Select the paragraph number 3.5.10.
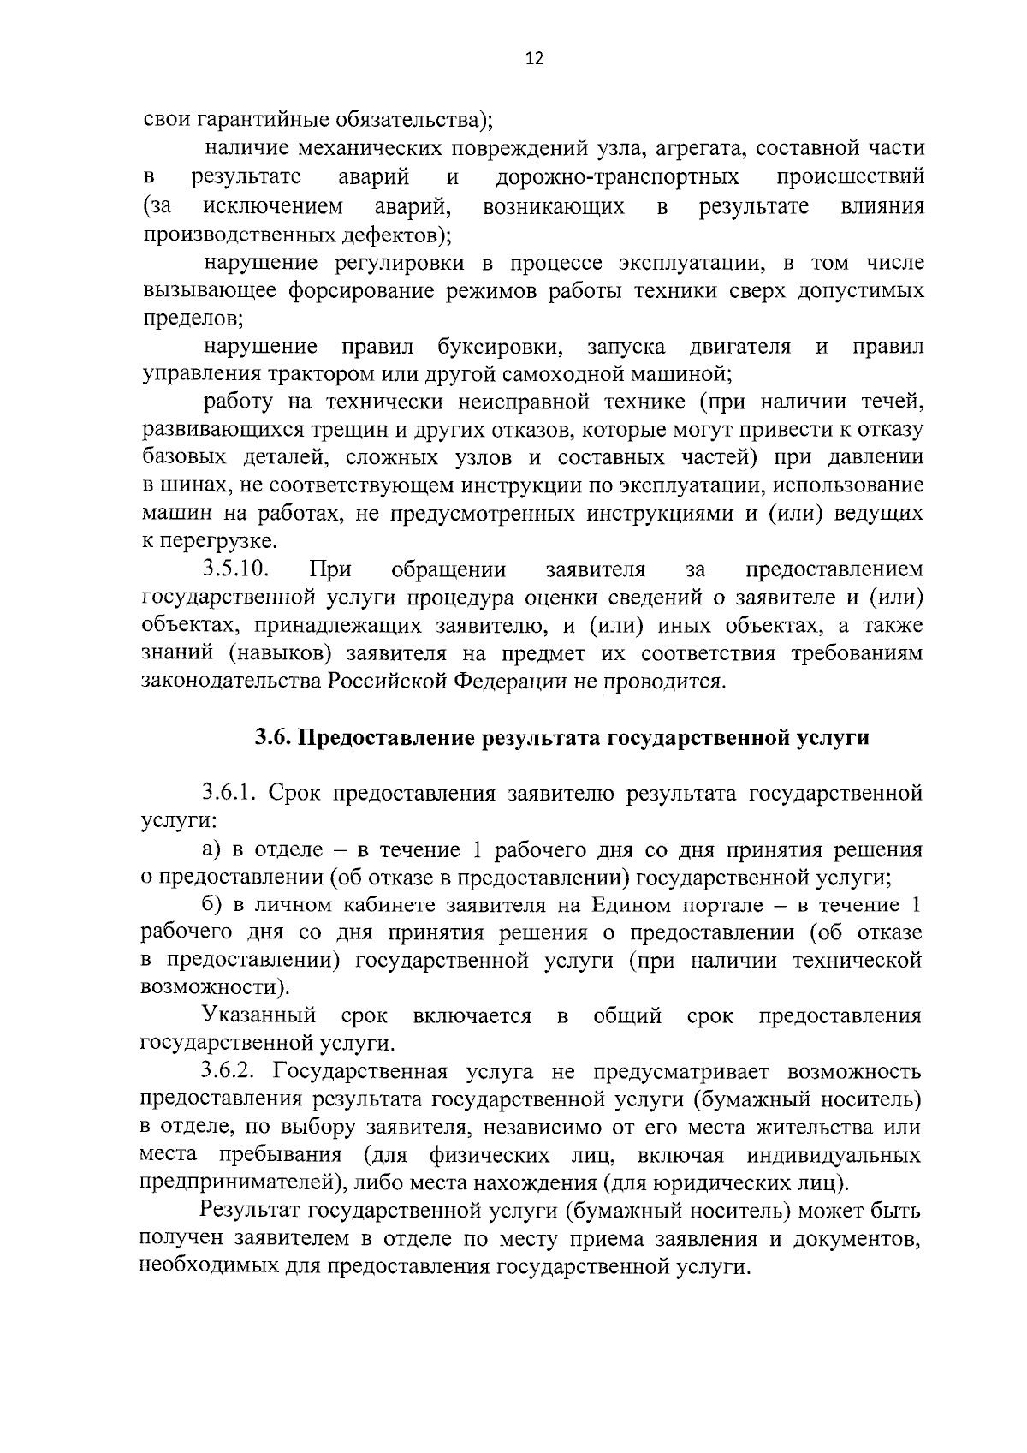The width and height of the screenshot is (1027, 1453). pyautogui.click(x=236, y=569)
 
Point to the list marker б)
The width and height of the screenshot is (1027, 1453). pyautogui.click(x=211, y=906)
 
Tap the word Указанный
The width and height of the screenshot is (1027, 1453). pyautogui.click(x=260, y=1016)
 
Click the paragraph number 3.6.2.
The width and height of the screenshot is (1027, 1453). pyautogui.click(x=232, y=1072)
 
